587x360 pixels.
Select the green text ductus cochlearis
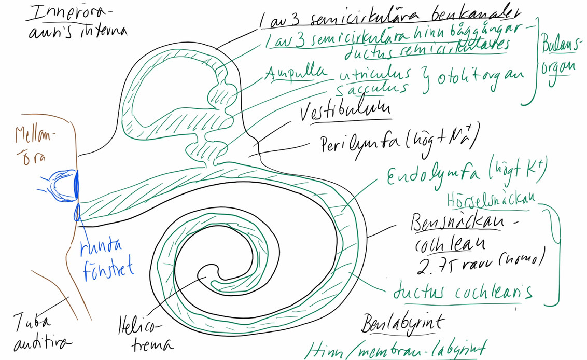[x=463, y=292]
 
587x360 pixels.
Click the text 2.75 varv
[x=446, y=264]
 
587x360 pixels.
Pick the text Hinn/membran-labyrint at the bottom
[x=396, y=350]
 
